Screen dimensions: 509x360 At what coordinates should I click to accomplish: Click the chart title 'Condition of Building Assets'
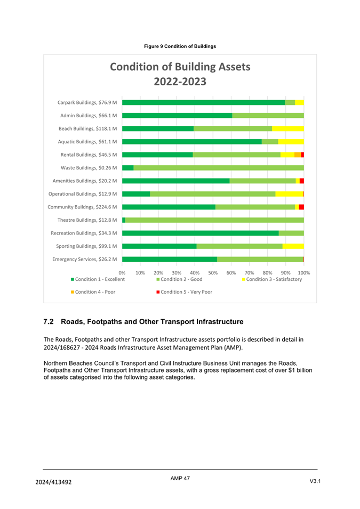180,67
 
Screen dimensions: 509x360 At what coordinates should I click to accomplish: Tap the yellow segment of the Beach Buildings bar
288,128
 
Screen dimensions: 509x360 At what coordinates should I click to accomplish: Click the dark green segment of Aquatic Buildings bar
192,142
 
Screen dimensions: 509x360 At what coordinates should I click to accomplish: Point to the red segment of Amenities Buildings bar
302,181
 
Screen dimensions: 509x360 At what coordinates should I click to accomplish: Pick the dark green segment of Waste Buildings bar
128,168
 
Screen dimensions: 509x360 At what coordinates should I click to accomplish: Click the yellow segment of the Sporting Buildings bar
293,246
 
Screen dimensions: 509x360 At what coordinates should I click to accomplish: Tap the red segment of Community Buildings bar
301,207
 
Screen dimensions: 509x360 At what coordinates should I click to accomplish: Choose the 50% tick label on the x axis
213,272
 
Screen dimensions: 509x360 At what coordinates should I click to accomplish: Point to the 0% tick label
122,272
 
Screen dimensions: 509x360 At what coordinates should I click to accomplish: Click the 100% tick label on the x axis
303,272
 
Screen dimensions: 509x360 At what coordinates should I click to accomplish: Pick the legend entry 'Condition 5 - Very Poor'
186,292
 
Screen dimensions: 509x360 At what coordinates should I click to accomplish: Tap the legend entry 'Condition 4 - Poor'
95,292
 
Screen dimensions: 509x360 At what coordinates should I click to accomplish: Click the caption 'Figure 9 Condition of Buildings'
180,46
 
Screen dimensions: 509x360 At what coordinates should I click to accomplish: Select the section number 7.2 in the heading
49,322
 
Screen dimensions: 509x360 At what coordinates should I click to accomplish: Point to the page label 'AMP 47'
180,479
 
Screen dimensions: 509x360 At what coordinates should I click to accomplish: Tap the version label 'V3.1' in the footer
315,482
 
